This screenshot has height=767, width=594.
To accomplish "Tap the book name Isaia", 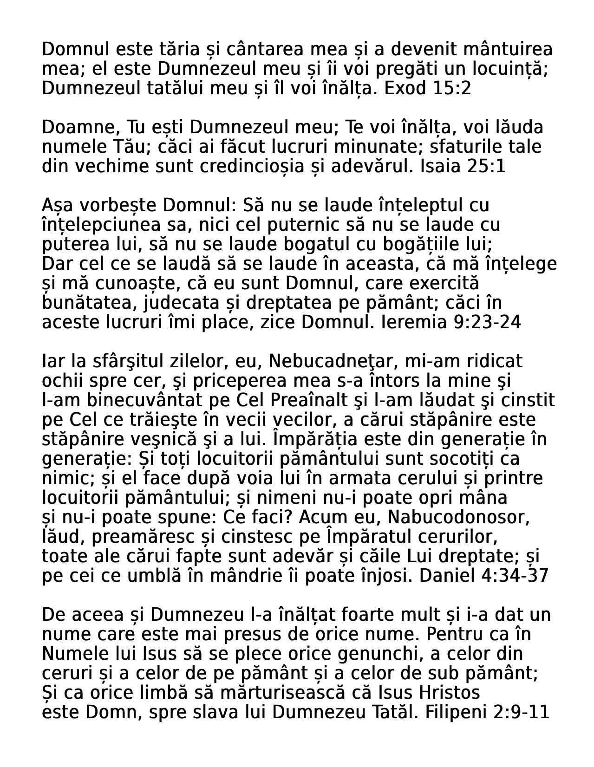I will pyautogui.click(x=439, y=166).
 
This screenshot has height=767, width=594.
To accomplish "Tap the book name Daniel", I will pyautogui.click(x=444, y=576).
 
